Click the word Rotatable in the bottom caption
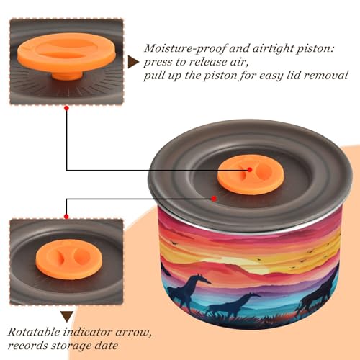pyautogui.click(x=34, y=332)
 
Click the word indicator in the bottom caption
pyautogui.click(x=88, y=332)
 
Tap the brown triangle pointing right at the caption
pyautogui.click(x=133, y=62)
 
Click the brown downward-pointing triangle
pyautogui.click(x=67, y=317)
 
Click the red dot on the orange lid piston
pyautogui.click(x=250, y=170)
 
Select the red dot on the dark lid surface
pyautogui.click(x=214, y=199)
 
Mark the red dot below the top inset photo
pyautogui.click(x=67, y=108)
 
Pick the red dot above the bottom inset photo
pyautogui.click(x=66, y=217)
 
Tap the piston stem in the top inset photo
pyautogui.click(x=67, y=76)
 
